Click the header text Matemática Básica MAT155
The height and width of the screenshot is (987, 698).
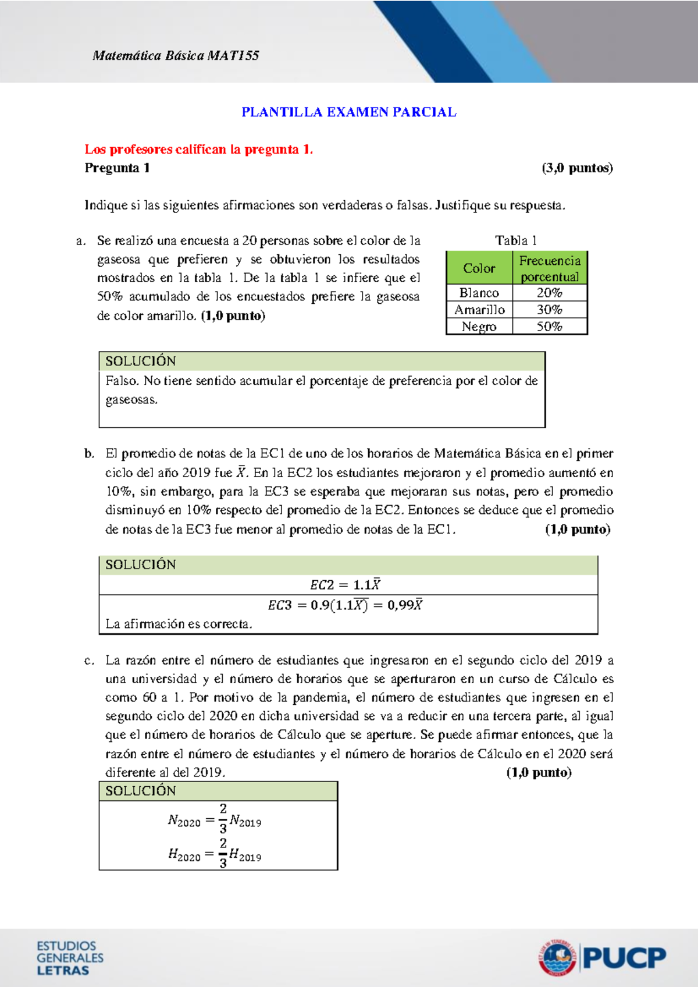pyautogui.click(x=175, y=56)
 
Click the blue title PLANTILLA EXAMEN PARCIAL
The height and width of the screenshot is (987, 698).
pyautogui.click(x=349, y=112)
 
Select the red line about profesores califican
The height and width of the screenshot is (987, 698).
pyautogui.click(x=199, y=150)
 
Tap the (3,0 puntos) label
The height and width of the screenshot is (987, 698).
pyautogui.click(x=577, y=168)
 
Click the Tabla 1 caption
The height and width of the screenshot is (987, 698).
pyautogui.click(x=516, y=240)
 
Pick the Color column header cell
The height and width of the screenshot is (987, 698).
pyautogui.click(x=479, y=268)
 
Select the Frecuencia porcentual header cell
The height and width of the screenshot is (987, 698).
pyautogui.click(x=550, y=268)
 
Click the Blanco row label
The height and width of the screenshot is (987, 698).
pyautogui.click(x=479, y=293)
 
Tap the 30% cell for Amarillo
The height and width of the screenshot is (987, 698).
pyautogui.click(x=550, y=310)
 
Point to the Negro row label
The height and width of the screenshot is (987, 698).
pyautogui.click(x=479, y=326)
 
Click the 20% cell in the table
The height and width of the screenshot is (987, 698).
pyautogui.click(x=550, y=293)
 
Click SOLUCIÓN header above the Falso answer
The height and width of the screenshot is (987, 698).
pyautogui.click(x=141, y=361)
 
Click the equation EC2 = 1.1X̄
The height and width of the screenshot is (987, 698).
pyautogui.click(x=345, y=585)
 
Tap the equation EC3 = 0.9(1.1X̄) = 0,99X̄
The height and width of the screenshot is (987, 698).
pyautogui.click(x=345, y=605)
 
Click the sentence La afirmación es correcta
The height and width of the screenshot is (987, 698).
pyautogui.click(x=179, y=624)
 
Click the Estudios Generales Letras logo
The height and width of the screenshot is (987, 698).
pyautogui.click(x=70, y=958)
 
